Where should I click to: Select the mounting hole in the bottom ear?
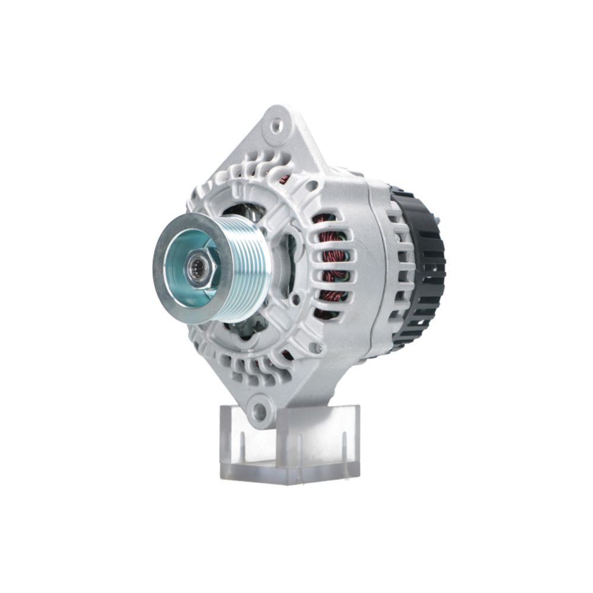click(259, 410)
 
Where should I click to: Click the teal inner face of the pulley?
click(178, 285)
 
